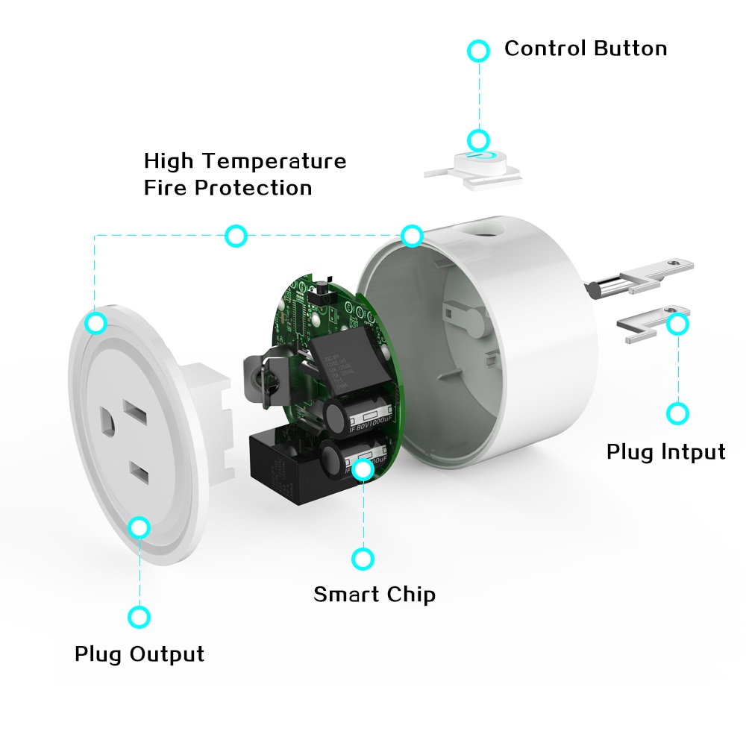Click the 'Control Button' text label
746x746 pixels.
586,49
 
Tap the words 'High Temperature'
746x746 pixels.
245,161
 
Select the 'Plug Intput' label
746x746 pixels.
665,452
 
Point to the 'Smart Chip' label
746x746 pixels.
374,595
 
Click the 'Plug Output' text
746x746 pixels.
140,654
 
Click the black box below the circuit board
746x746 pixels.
283,466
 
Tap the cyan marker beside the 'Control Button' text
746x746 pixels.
478,51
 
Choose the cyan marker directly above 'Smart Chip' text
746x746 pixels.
363,558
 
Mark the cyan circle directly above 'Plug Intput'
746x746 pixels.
677,413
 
